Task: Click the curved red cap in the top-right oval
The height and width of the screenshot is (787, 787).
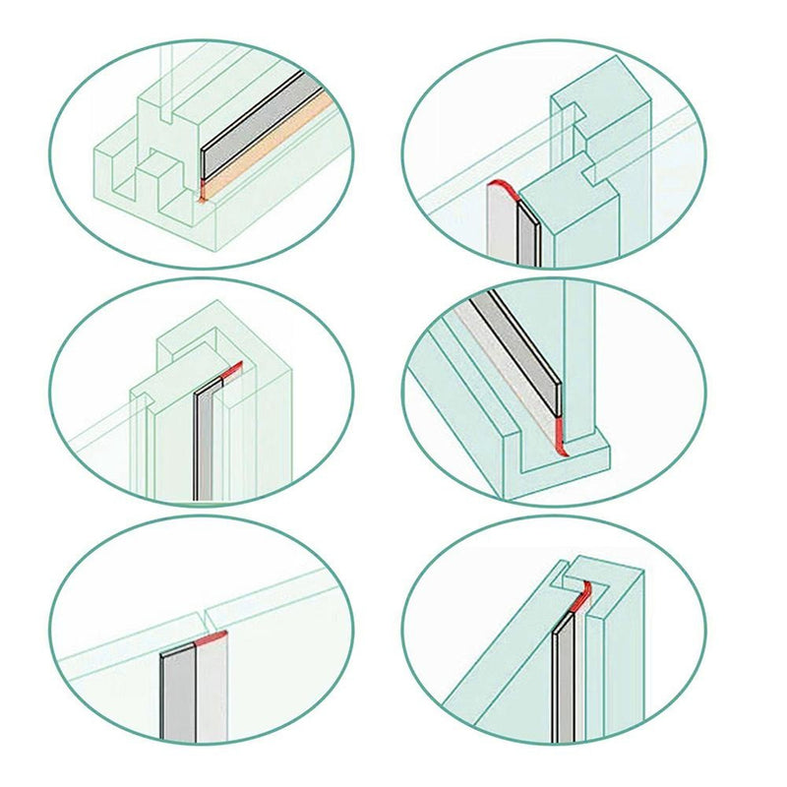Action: coord(504,188)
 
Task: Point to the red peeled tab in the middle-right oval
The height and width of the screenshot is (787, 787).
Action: coord(560,433)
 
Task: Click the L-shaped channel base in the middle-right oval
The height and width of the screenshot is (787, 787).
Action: coord(551,467)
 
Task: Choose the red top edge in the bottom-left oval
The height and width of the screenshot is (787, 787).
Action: coord(212,637)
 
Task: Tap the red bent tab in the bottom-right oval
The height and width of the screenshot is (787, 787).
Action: coord(582,594)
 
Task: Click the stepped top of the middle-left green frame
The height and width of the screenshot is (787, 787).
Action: coord(192,339)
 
